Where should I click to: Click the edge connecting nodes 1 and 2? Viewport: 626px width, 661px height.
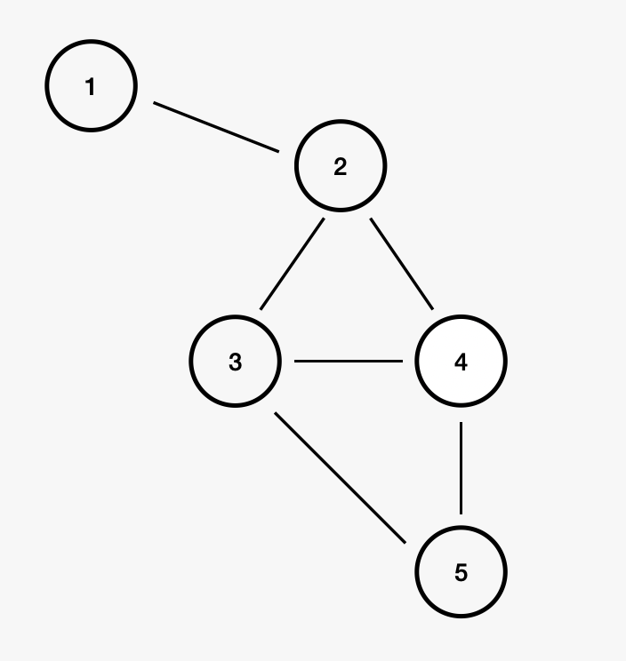pos(216,127)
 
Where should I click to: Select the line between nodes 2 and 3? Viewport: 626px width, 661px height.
pos(293,265)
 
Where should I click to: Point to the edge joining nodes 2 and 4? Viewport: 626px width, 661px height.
pos(402,265)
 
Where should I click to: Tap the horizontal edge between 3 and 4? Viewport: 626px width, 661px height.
pos(349,362)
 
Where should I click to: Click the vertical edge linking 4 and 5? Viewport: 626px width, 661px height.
pos(461,468)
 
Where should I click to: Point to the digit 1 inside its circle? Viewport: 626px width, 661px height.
pos(90,87)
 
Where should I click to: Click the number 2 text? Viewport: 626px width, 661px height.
pos(341,167)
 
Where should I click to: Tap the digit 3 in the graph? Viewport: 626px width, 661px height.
pos(235,362)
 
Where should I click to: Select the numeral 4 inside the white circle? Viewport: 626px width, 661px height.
pos(461,362)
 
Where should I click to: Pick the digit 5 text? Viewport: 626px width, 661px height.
pos(461,573)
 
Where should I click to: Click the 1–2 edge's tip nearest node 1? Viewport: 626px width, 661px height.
pos(156,104)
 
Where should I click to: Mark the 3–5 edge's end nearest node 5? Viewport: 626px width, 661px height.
pos(405,541)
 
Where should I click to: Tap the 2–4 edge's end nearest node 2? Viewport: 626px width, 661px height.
pos(373,220)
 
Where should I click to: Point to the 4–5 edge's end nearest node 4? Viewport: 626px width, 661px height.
pos(461,425)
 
